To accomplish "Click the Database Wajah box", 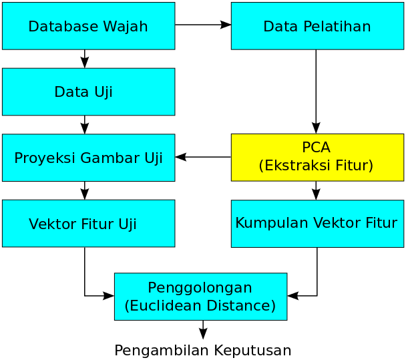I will [88, 26].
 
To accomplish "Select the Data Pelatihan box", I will [317, 26].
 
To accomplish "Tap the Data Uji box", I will [88, 92].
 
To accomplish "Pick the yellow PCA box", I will [317, 157].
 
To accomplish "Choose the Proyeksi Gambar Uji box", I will [88, 158].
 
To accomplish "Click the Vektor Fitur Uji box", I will [88, 223].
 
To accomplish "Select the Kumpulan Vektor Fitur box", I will [317, 223].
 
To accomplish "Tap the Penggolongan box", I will [200, 296].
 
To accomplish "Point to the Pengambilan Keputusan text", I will [203, 350].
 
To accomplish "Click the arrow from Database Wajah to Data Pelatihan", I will [203, 25].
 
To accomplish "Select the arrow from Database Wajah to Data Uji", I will [85, 59].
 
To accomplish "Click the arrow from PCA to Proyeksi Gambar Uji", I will [203, 157].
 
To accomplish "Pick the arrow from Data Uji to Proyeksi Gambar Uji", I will [85, 124].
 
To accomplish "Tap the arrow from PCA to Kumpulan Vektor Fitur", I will [316, 190].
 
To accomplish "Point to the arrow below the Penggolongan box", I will [203, 329].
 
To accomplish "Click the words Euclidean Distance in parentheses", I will [200, 306].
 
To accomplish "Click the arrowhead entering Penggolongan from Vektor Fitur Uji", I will [109, 296].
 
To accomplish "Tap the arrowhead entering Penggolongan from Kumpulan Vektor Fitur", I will [292, 296].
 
